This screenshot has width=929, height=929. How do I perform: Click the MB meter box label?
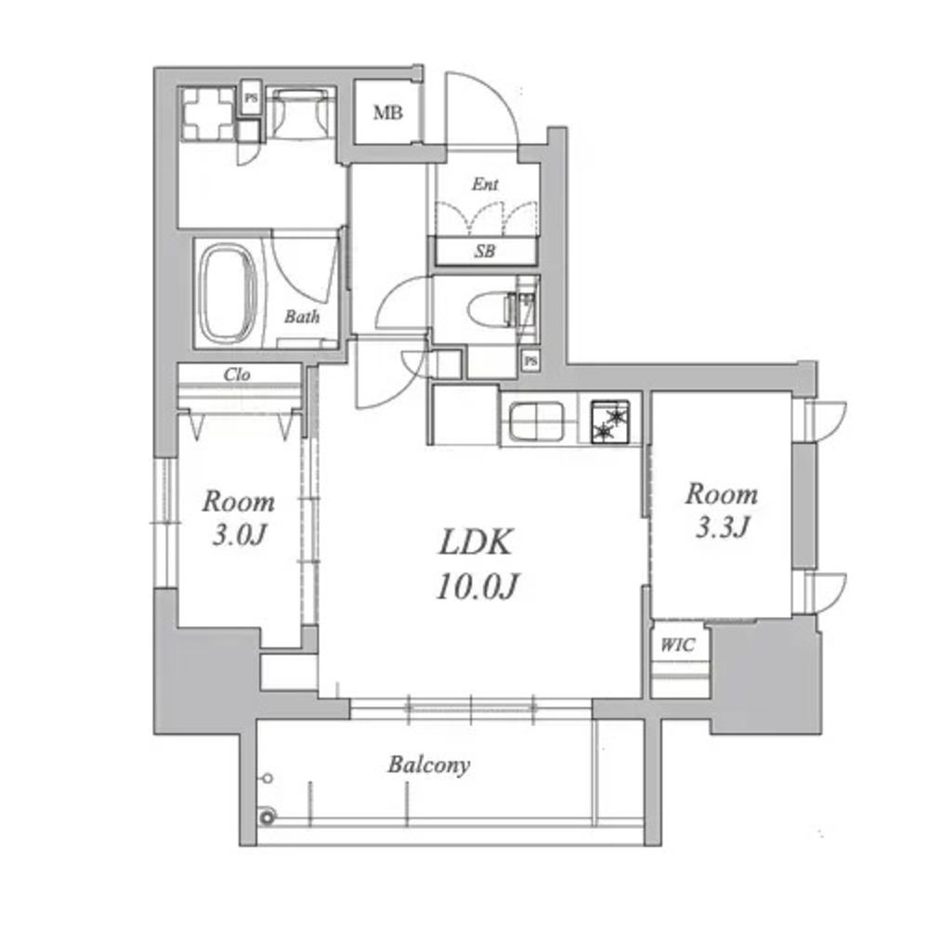coord(388,112)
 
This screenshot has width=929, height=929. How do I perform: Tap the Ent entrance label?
coord(485,184)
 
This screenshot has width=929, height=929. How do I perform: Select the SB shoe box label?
coord(484,251)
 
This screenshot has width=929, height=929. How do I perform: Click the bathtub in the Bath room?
coord(229,294)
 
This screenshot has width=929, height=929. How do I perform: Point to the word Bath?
coord(302,317)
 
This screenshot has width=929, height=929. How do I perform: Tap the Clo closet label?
coord(237,374)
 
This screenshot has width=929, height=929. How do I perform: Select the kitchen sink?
coord(536,421)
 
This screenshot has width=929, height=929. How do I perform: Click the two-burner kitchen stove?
coord(609,422)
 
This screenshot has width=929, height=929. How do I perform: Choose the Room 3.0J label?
coord(239,517)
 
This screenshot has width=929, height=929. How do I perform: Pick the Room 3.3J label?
coord(722,510)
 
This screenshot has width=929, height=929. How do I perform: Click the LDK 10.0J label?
coord(477,564)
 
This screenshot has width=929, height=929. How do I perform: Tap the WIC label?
coord(678,645)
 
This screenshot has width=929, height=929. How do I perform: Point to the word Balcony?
coord(429,765)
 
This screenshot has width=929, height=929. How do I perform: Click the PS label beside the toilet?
coord(530,360)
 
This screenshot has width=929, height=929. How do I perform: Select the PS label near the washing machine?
coord(251,98)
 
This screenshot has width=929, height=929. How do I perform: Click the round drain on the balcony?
coord(268,818)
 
